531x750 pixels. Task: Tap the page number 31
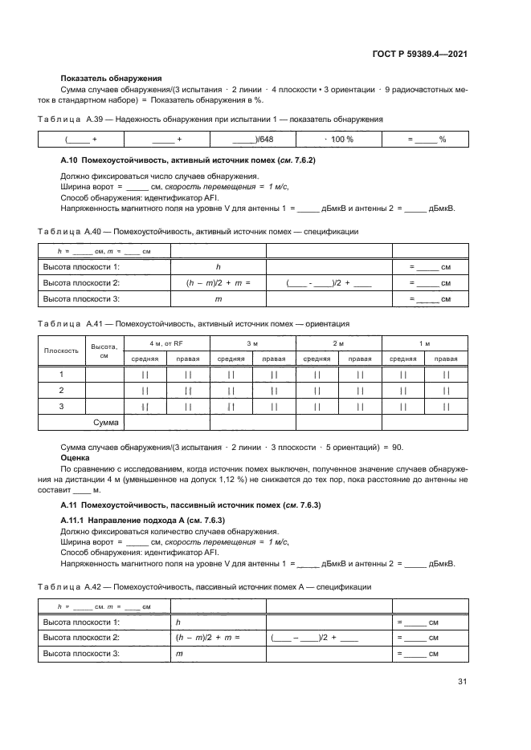click(x=462, y=682)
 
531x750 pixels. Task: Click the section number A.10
click(x=71, y=161)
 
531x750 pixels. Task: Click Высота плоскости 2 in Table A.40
click(x=81, y=283)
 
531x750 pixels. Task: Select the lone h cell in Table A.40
click(x=218, y=267)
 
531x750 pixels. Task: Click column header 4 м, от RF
click(x=166, y=343)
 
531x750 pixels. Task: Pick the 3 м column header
click(x=252, y=343)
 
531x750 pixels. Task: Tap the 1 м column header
click(x=424, y=343)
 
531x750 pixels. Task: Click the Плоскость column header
click(x=62, y=351)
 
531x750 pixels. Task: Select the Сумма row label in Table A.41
click(x=106, y=422)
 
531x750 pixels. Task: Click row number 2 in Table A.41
click(x=62, y=390)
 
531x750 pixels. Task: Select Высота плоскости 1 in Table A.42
click(x=81, y=622)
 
